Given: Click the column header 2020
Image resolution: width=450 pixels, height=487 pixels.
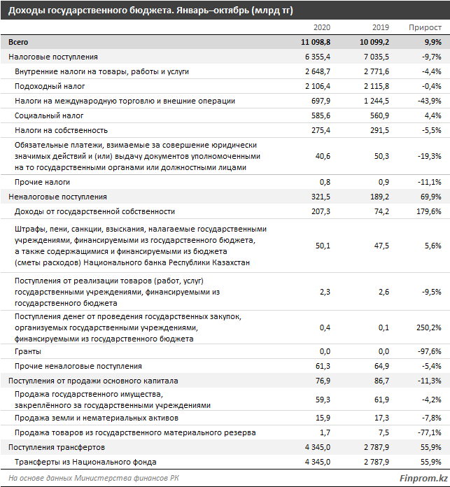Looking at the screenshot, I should click(321, 27).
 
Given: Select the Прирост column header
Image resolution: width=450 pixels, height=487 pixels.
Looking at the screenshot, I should click(426, 27).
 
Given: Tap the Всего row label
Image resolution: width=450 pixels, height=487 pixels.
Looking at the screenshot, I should click(18, 42).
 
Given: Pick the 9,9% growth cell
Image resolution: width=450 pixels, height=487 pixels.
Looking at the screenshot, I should click(430, 42).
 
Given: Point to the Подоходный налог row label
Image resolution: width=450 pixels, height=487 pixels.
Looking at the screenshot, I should click(50, 86).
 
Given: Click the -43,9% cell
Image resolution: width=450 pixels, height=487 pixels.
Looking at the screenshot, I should click(428, 101).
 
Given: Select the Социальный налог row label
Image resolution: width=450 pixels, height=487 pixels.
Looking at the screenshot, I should click(49, 115).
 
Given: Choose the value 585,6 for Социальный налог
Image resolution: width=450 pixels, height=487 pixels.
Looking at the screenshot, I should click(320, 115).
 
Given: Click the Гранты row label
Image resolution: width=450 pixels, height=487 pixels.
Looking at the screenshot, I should click(27, 351).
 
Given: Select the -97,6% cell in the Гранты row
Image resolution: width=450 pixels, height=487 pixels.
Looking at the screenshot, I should click(428, 351).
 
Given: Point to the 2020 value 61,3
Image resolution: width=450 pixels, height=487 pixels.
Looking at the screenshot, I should click(322, 366).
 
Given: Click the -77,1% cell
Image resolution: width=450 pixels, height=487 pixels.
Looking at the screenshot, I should click(428, 432).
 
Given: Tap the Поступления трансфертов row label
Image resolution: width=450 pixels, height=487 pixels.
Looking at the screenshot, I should click(56, 447).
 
